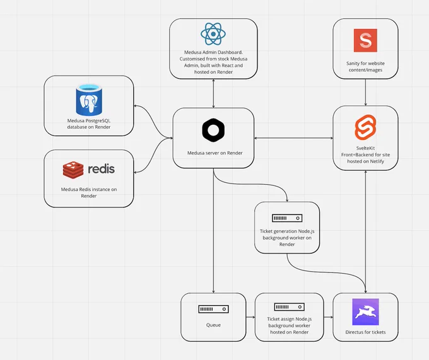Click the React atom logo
[x=213, y=34]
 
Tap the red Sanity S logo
[x=365, y=40]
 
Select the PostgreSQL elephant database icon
[x=89, y=100]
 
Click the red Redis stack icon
[x=73, y=170]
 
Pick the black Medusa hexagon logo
[x=213, y=130]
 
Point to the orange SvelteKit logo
[x=365, y=127]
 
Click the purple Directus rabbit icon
[x=365, y=312]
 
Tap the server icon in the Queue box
[x=213, y=309]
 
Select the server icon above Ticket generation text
[x=287, y=218]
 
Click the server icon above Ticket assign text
[x=289, y=307]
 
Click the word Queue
[x=213, y=325]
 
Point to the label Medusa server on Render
[x=214, y=153]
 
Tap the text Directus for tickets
[x=365, y=332]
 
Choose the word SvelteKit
[x=365, y=148]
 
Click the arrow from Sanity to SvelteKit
[x=365, y=93]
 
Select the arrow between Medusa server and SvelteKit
[x=293, y=138]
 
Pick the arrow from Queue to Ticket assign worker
[x=250, y=317]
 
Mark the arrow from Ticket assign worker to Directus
[x=328, y=317]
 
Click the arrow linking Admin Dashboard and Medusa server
[x=213, y=93]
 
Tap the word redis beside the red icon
[x=101, y=169]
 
